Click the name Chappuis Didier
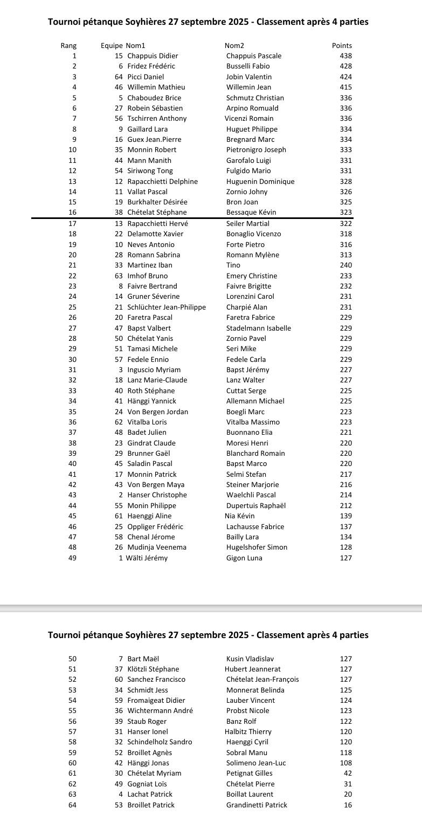pyautogui.click(x=153, y=56)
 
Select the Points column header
pyautogui.click(x=342, y=46)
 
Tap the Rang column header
pyautogui.click(x=68, y=46)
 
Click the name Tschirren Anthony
pyautogui.click(x=157, y=119)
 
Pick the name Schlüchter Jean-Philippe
pyautogui.click(x=167, y=307)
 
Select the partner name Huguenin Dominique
pyautogui.click(x=260, y=181)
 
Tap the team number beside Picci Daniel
pyautogui.click(x=119, y=77)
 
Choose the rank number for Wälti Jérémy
pyautogui.click(x=72, y=558)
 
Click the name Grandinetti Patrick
pyautogui.click(x=257, y=805)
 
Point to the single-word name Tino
pyautogui.click(x=233, y=265)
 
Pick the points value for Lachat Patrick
pyautogui.click(x=348, y=794)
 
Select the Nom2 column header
pyautogui.click(x=234, y=46)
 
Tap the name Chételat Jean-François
pyautogui.click(x=262, y=680)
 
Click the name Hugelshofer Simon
pyautogui.click(x=257, y=547)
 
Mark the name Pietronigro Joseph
pyautogui.click(x=256, y=150)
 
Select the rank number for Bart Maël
pyautogui.click(x=72, y=659)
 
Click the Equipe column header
pyautogui.click(x=112, y=46)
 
